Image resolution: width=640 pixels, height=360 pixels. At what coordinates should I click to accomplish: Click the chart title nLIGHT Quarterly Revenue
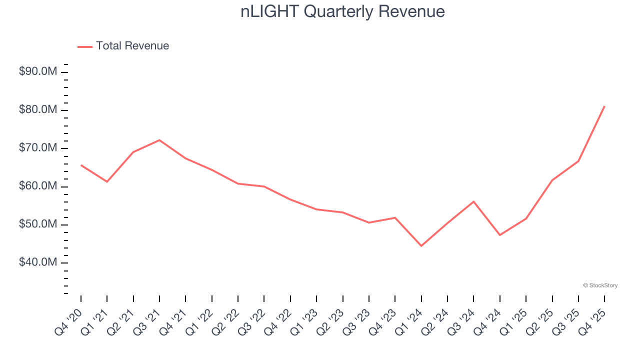tap(342, 11)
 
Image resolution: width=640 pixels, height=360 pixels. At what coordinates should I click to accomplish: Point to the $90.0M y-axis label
tap(38, 72)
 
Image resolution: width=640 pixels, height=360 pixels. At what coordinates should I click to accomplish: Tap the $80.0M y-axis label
tap(38, 110)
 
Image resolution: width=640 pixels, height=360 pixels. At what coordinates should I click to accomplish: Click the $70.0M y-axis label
tap(38, 148)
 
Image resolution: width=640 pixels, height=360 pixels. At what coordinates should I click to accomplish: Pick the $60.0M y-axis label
tap(38, 186)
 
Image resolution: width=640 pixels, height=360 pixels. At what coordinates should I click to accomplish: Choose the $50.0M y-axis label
tap(38, 224)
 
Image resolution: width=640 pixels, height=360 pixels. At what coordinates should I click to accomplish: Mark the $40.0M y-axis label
tap(38, 262)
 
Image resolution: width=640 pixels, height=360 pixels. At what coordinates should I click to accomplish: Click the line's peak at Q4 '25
tap(604, 106)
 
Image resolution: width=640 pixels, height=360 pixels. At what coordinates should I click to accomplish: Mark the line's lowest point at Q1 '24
tap(421, 246)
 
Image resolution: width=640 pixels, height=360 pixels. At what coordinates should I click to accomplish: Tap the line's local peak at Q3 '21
tap(159, 140)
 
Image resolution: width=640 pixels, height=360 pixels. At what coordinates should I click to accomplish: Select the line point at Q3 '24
tap(473, 201)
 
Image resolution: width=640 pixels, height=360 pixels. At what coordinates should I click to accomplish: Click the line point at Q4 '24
tap(500, 235)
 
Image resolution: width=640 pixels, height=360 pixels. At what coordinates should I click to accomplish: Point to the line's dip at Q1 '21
tap(107, 181)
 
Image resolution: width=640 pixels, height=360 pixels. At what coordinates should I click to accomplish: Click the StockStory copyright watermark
tap(600, 285)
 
